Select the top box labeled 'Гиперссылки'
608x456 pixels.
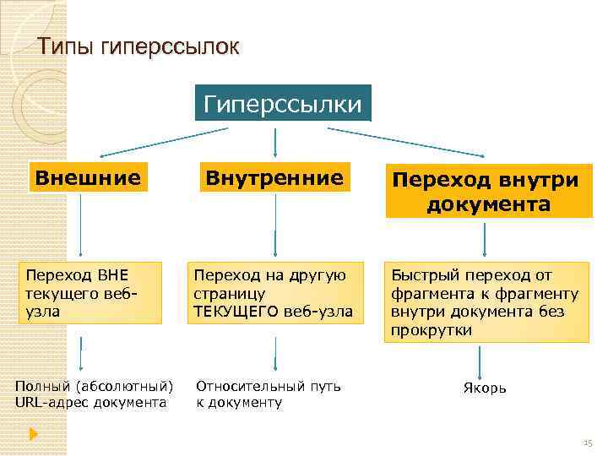tap(283, 103)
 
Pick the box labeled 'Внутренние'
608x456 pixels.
tap(275, 177)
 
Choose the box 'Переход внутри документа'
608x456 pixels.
tap(489, 193)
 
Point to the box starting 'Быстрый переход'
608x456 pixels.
tap(487, 302)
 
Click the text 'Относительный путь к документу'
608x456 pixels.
tap(269, 394)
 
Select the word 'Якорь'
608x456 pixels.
tap(485, 388)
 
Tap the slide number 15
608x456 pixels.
tap(588, 442)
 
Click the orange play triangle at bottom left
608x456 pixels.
tap(33, 434)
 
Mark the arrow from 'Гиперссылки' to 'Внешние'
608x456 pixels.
tap(160, 141)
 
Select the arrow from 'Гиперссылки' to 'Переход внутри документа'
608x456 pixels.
tap(405, 141)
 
